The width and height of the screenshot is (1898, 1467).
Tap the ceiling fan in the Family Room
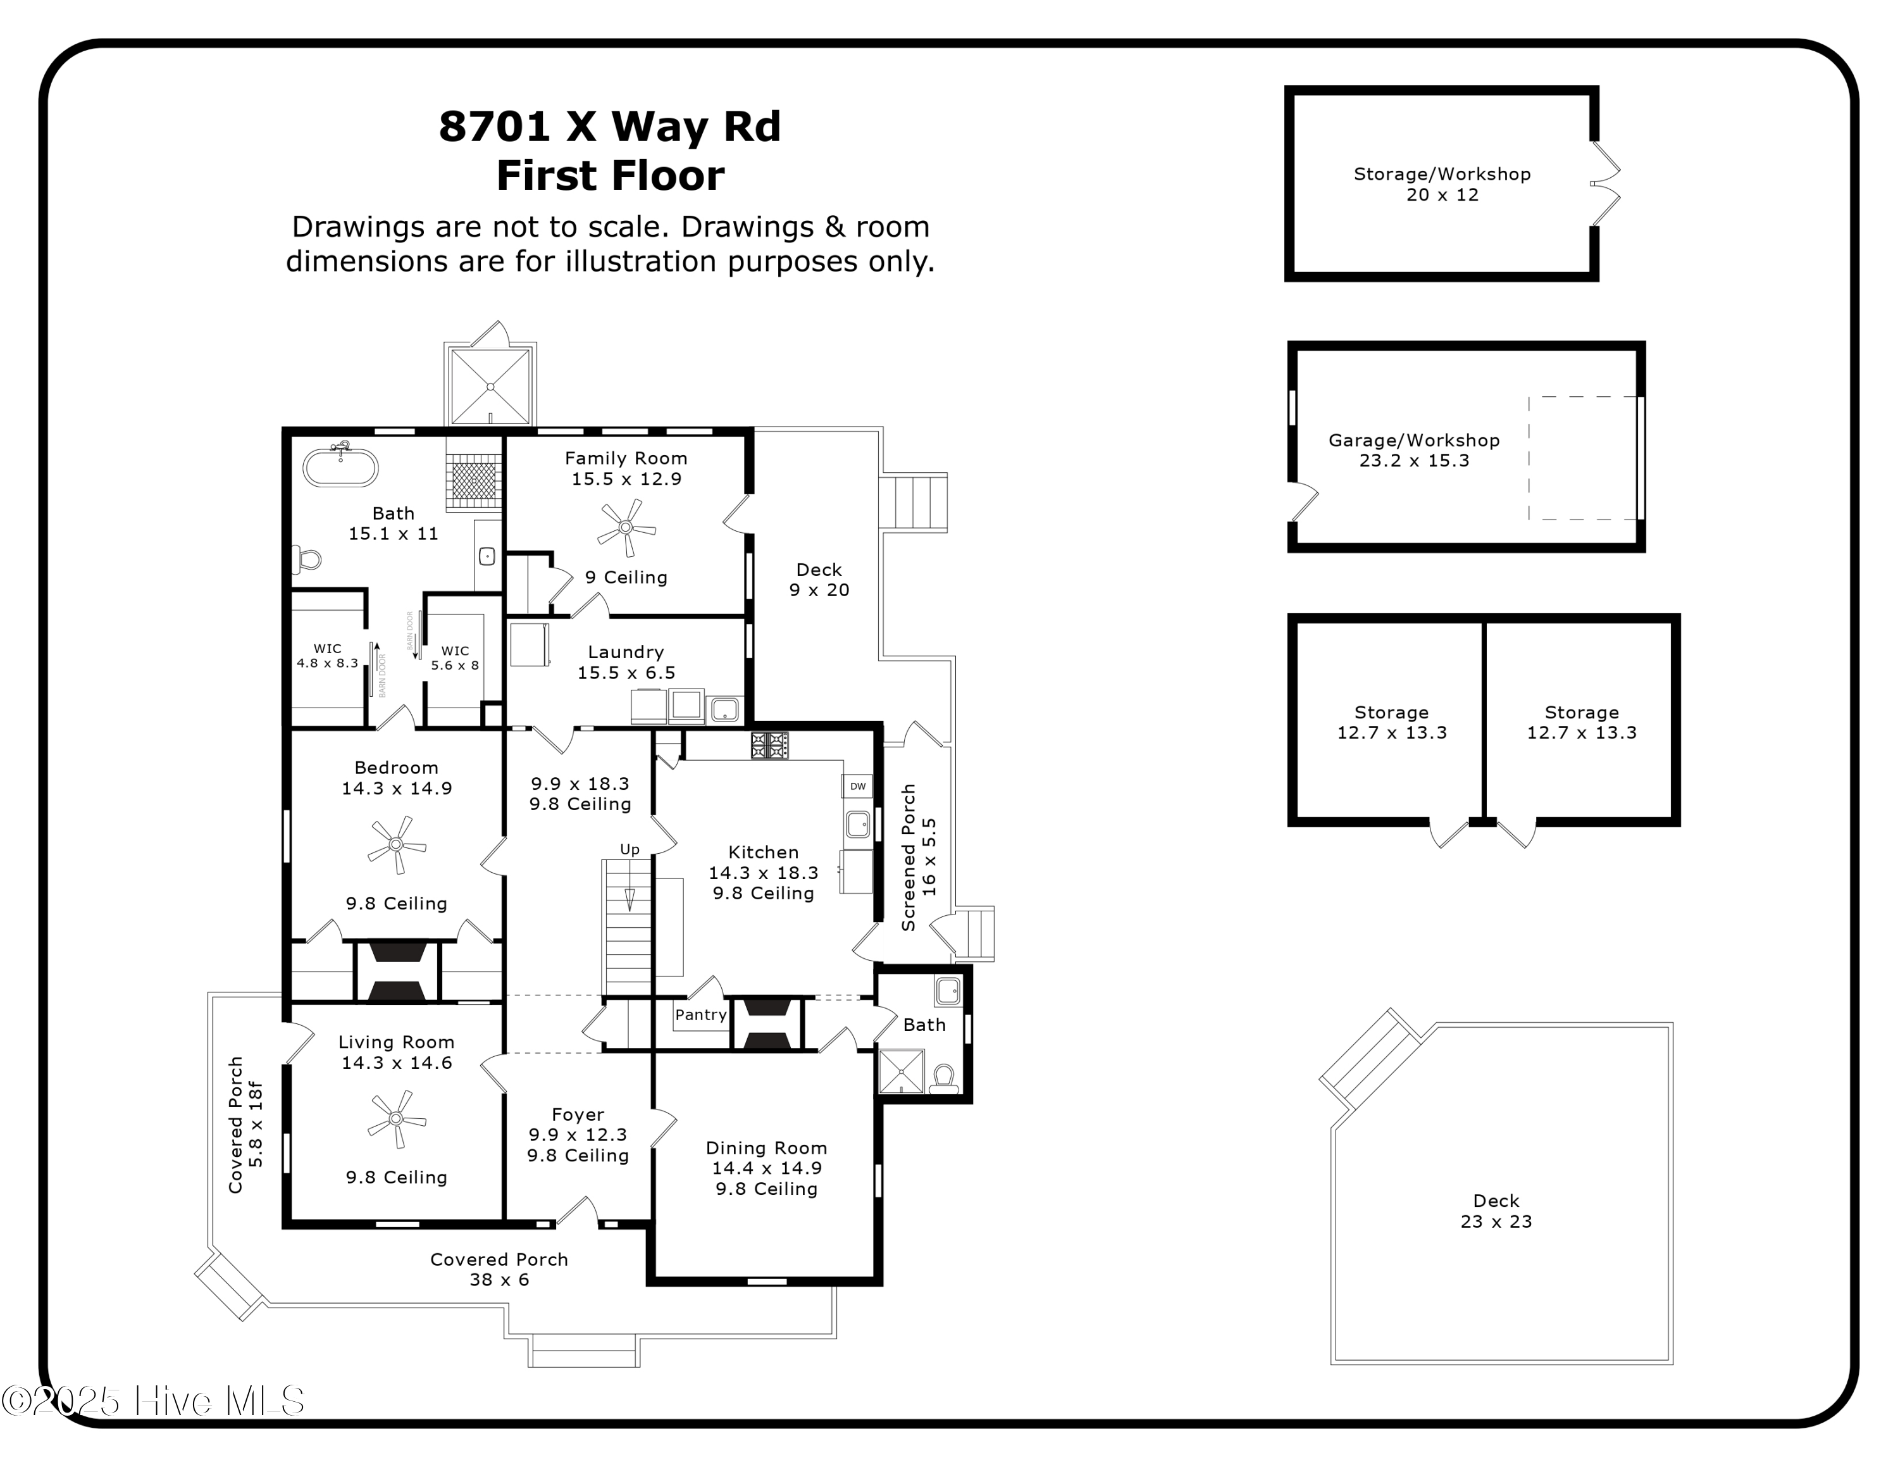point(626,528)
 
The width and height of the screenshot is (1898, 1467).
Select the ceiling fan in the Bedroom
point(396,844)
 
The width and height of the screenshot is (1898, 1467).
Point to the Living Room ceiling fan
point(396,1120)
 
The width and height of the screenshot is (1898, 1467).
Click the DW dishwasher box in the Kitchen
point(857,785)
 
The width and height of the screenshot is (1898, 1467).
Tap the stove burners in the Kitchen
point(769,745)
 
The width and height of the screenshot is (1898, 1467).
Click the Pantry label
point(700,1014)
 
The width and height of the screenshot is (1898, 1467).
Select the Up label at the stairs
point(630,849)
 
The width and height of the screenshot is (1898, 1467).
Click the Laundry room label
point(626,652)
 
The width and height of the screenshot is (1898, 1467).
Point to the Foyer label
point(578,1114)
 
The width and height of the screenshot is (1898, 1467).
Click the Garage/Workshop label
point(1414,440)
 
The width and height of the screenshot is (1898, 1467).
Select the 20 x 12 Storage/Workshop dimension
point(1442,195)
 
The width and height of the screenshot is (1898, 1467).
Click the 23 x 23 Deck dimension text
point(1496,1221)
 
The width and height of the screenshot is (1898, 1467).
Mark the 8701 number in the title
point(495,127)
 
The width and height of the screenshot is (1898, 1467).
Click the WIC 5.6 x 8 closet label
point(454,657)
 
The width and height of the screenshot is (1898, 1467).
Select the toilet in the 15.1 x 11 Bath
point(305,559)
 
